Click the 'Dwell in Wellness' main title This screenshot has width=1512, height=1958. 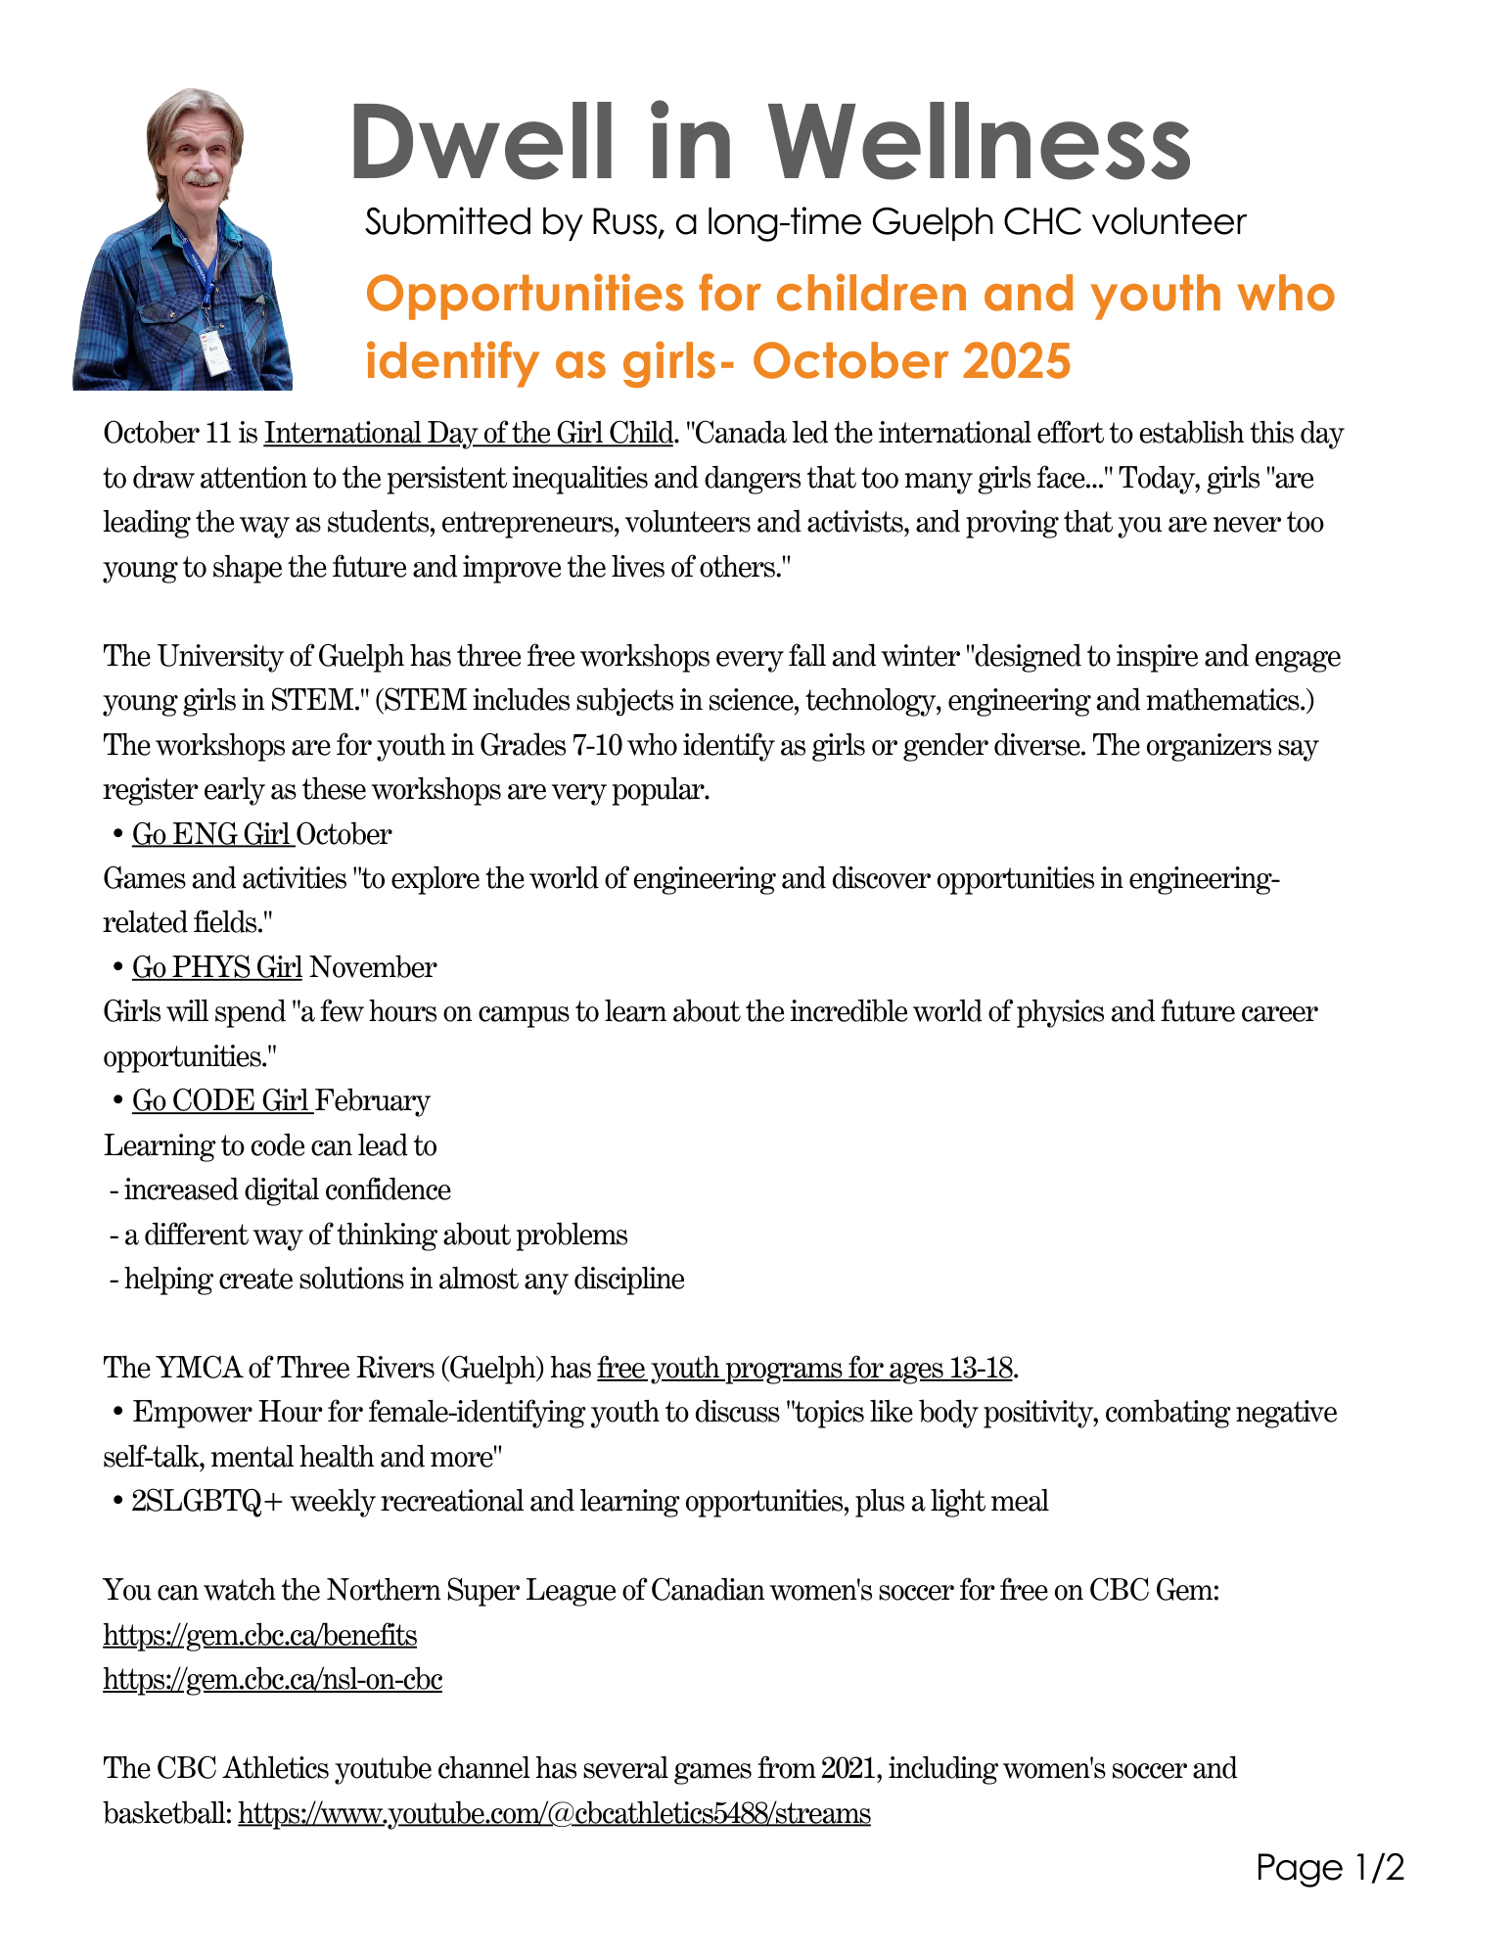click(769, 143)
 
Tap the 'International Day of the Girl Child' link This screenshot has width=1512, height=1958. click(469, 433)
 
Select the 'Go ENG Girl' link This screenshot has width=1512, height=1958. click(211, 834)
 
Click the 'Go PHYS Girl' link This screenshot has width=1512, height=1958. click(217, 967)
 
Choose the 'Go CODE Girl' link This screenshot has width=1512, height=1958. click(221, 1100)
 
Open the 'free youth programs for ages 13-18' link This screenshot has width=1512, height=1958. click(804, 1368)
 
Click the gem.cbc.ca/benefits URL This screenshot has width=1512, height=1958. click(260, 1635)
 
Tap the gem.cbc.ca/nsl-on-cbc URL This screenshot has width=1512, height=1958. click(273, 1680)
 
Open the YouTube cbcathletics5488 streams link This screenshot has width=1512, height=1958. click(554, 1814)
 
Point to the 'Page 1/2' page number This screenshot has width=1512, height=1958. click(1330, 1868)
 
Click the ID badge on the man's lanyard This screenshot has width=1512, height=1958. click(217, 352)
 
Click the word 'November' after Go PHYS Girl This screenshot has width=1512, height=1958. click(373, 967)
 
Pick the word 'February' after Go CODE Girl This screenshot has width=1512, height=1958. click(373, 1100)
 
